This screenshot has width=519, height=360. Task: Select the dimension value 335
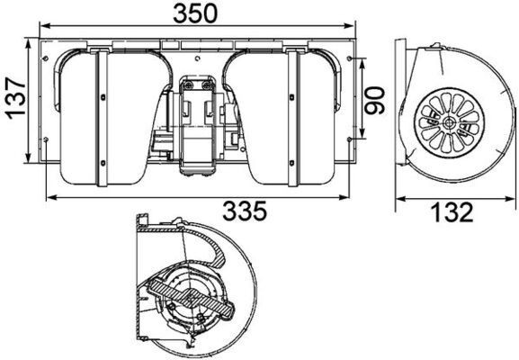[244, 211]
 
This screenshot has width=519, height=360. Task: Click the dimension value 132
[451, 212]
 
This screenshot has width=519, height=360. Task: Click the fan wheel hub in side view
[450, 121]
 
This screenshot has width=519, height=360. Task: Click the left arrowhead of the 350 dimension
[40, 26]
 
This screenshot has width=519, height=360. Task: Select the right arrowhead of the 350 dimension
[353, 26]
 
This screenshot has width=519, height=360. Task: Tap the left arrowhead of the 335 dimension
[47, 197]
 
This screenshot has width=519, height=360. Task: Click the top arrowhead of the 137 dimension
[31, 42]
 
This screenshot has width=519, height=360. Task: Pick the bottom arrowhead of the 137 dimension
[31, 164]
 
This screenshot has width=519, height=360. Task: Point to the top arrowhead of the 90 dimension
[362, 59]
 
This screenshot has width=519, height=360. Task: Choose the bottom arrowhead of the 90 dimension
[362, 140]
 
